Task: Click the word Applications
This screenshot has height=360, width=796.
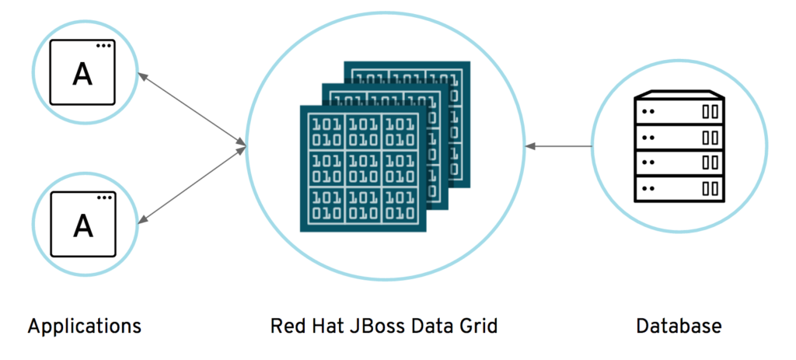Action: pyautogui.click(x=84, y=325)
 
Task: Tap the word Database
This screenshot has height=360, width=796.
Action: pyautogui.click(x=679, y=325)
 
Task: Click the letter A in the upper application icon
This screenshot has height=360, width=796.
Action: pyautogui.click(x=82, y=74)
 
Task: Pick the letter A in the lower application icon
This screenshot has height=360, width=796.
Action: pyautogui.click(x=82, y=225)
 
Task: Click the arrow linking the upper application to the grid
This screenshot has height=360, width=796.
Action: pyautogui.click(x=191, y=109)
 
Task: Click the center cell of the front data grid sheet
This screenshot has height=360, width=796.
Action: pyautogui.click(x=363, y=168)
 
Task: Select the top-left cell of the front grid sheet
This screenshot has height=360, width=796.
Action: pyautogui.click(x=326, y=132)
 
